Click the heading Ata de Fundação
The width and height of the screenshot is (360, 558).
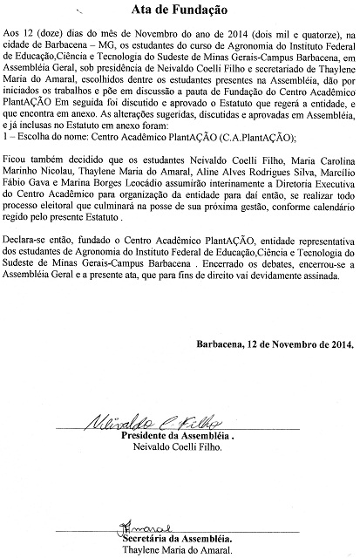point(180,11)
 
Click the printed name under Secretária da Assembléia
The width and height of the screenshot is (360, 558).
point(177,551)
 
